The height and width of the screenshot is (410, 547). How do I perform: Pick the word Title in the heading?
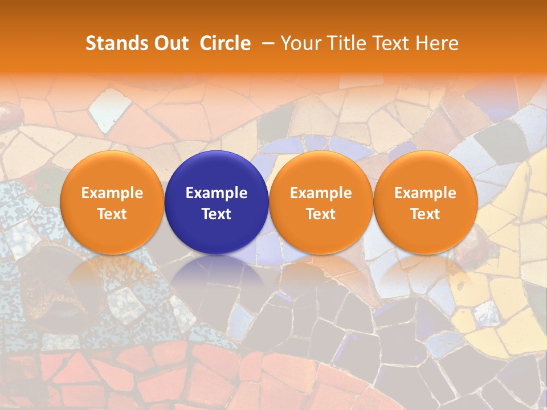[x=344, y=43]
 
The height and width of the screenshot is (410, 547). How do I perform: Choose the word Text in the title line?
[x=391, y=43]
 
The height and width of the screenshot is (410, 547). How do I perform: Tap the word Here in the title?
[x=437, y=43]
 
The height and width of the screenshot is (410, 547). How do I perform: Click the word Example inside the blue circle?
[x=217, y=193]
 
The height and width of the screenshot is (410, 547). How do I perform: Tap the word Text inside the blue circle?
[x=217, y=214]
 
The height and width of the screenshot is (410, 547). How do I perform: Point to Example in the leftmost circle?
[x=112, y=193]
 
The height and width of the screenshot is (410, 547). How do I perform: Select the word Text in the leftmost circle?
[x=112, y=214]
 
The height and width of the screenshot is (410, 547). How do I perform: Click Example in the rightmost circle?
[x=425, y=193]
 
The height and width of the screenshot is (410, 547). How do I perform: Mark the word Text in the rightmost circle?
[x=425, y=214]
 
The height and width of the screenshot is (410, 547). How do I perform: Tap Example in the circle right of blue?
[x=321, y=193]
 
